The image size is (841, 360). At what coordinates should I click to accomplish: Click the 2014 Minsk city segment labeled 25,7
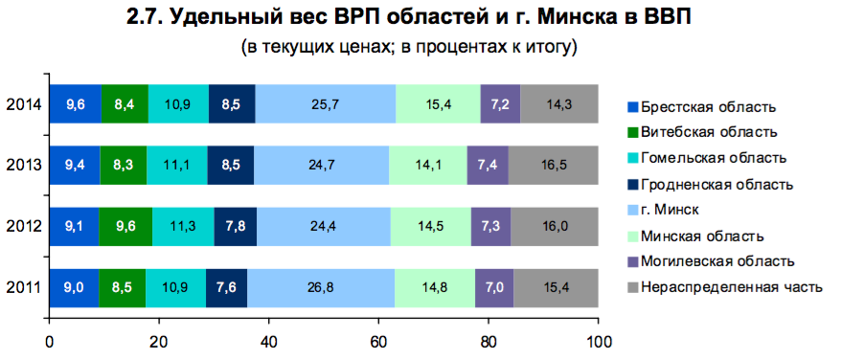pos(326,103)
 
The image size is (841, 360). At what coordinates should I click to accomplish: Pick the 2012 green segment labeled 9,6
pos(125,226)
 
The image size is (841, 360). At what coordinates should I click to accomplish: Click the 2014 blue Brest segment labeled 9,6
pos(75,103)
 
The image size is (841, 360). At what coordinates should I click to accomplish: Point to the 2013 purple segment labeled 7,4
pos(487,165)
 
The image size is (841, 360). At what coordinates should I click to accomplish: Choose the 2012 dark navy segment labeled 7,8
pos(235,226)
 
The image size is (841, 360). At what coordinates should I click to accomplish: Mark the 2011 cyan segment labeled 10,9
pos(175,287)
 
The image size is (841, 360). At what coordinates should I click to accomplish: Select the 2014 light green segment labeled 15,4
pos(438,103)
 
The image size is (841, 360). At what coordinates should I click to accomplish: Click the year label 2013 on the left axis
pos(22,165)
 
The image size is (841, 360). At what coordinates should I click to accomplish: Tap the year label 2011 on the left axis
pos(22,287)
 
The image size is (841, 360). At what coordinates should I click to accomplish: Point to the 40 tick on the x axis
pos(269,339)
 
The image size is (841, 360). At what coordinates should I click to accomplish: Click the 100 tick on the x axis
pos(599,339)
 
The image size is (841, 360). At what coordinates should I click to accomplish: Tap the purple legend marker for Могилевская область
pos(632,260)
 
